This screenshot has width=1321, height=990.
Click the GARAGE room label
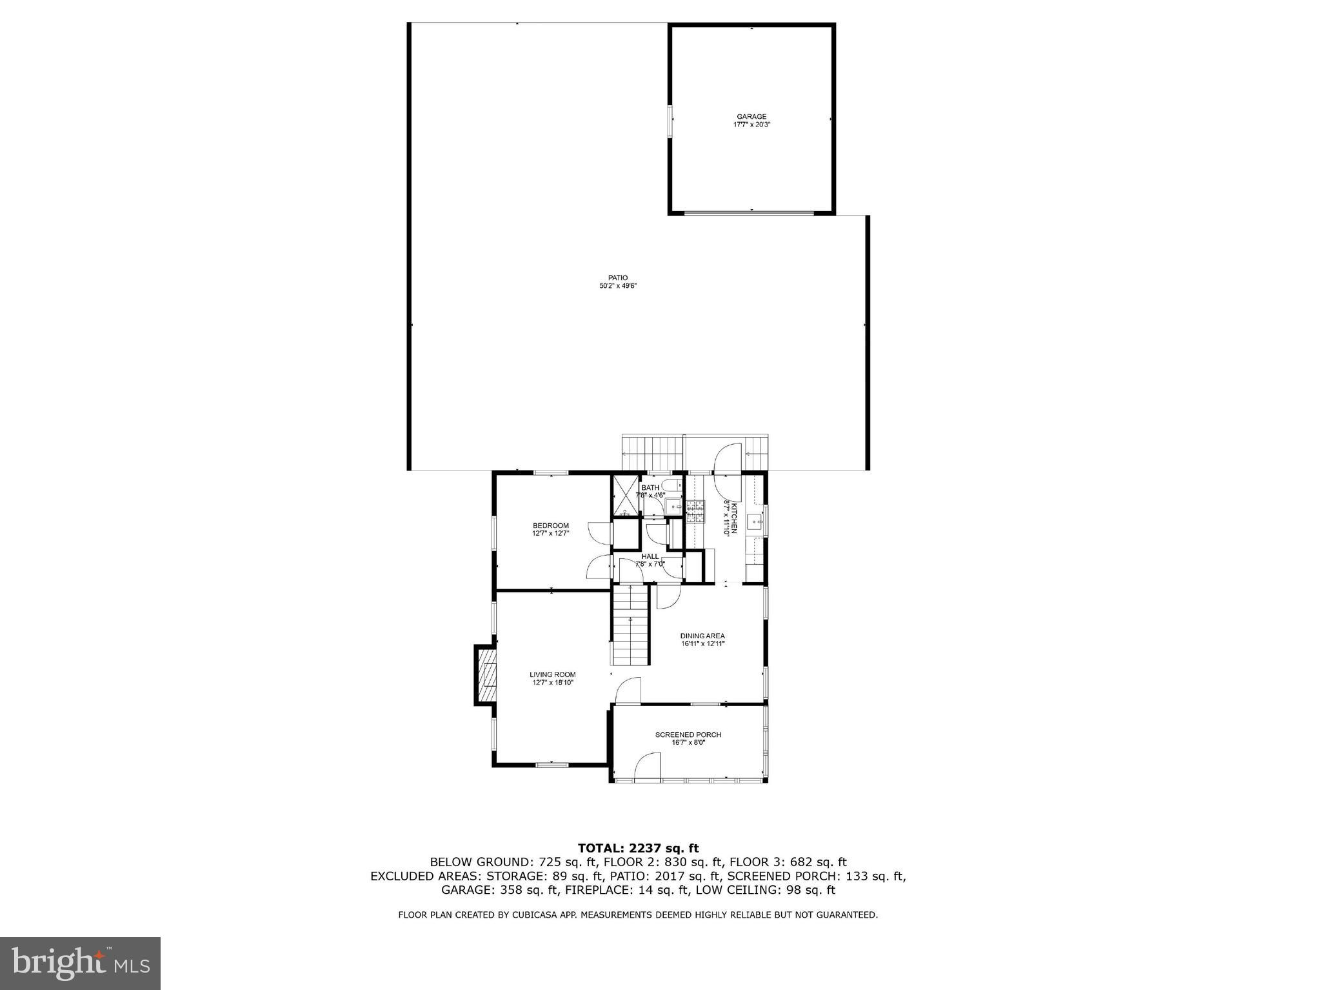pyautogui.click(x=751, y=117)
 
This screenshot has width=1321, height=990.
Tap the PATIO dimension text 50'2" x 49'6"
pyautogui.click(x=617, y=286)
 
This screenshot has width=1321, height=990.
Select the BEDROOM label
pyautogui.click(x=550, y=525)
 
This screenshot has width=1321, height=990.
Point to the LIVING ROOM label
pyautogui.click(x=552, y=674)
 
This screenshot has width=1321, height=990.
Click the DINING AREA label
pyautogui.click(x=702, y=636)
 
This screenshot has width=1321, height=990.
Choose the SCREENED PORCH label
pyautogui.click(x=688, y=734)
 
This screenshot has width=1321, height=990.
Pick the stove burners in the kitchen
pyautogui.click(x=695, y=511)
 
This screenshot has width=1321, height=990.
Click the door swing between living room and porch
pyautogui.click(x=628, y=691)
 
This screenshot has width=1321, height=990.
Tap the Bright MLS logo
pyautogui.click(x=80, y=963)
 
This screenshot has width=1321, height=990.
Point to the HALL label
pyautogui.click(x=650, y=556)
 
